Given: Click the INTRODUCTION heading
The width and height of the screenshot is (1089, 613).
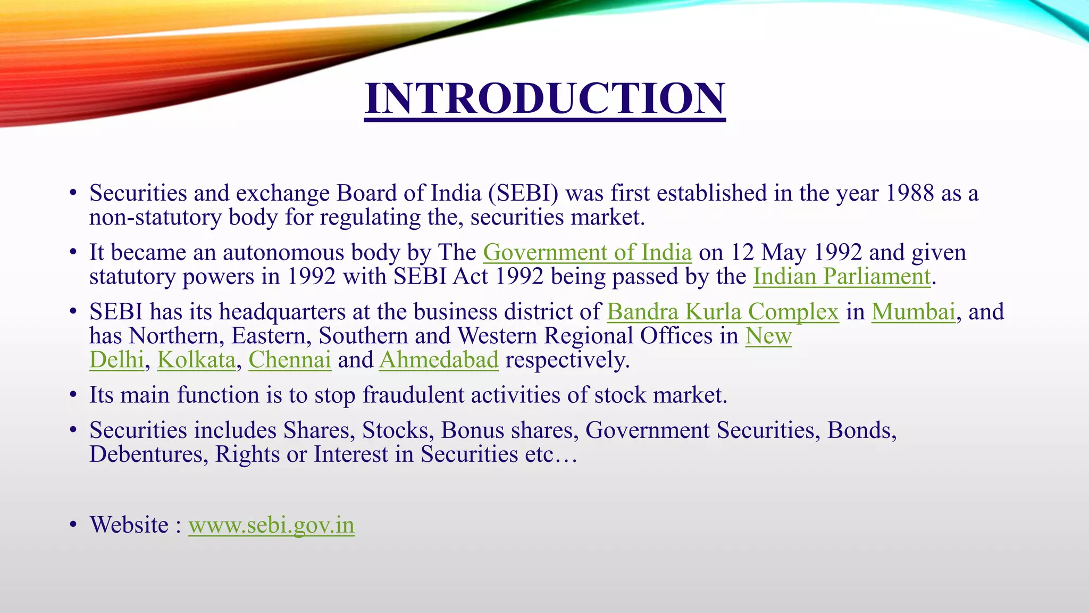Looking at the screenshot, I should [x=544, y=99].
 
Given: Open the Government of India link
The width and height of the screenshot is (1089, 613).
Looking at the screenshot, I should [x=587, y=252].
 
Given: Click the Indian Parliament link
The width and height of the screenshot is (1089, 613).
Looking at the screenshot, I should [x=842, y=277].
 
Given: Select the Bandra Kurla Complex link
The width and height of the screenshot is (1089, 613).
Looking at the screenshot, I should [x=723, y=312].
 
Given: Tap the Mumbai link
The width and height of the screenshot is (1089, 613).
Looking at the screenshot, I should [x=913, y=312].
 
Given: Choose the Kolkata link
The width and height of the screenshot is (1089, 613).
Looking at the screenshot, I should [x=196, y=360].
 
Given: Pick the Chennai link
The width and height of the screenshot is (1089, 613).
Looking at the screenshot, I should [x=290, y=360].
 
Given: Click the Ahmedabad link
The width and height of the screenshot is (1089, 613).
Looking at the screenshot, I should [x=439, y=360].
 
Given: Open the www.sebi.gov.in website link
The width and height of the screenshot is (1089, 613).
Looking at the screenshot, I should [x=271, y=525].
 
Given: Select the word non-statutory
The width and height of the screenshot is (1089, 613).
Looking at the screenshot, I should [x=155, y=218].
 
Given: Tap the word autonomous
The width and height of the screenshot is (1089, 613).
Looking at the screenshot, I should [x=283, y=252].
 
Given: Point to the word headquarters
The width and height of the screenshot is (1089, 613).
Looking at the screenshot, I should [x=282, y=312].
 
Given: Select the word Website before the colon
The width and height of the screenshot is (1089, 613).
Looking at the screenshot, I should [x=129, y=525].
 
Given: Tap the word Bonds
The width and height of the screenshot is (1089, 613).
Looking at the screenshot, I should [x=861, y=430].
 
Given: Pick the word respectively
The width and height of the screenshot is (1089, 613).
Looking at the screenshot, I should [x=567, y=360].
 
